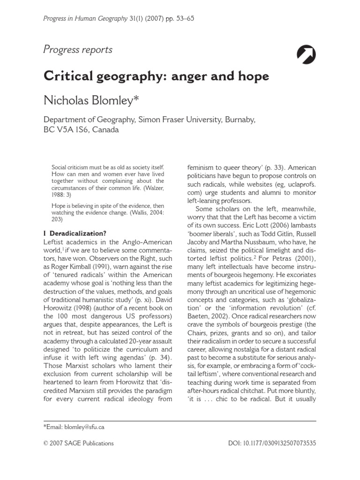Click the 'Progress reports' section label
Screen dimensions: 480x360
(x=78, y=50)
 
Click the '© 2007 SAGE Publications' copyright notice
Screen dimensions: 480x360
(x=78, y=443)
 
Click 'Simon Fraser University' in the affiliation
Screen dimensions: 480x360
(x=180, y=120)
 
